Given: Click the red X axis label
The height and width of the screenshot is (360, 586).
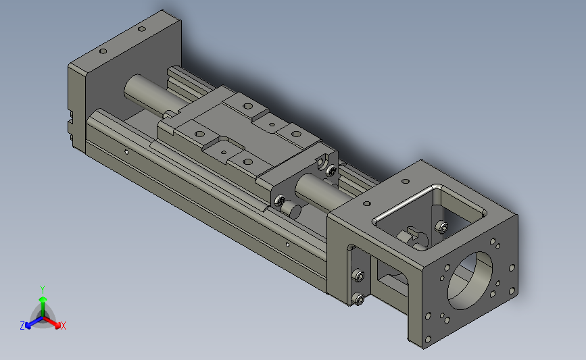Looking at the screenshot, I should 63,326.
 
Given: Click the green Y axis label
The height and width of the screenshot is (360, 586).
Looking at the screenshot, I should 43,288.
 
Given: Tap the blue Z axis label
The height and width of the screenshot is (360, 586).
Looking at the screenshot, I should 22,325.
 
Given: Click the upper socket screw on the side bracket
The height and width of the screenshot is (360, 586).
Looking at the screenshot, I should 359,276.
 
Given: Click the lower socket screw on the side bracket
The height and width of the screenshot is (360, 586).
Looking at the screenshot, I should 358,298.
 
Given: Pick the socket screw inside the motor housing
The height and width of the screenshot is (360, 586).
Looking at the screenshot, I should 441,226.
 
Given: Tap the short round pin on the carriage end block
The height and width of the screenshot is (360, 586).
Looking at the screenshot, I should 292,209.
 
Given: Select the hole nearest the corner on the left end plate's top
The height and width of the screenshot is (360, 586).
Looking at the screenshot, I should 141,30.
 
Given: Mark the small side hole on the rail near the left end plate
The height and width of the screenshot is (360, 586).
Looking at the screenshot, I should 126,151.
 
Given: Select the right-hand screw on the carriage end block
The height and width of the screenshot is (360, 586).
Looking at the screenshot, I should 331,170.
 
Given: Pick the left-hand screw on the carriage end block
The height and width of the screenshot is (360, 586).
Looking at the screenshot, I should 278,199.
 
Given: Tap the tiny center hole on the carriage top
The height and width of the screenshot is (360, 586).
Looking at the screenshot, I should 271,124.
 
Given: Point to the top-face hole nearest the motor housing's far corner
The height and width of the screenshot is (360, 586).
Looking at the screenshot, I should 408,180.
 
